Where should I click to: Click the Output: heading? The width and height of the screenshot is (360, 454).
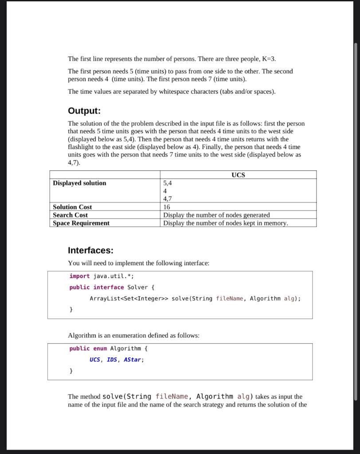point(84,110)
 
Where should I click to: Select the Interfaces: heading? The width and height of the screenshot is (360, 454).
point(90,250)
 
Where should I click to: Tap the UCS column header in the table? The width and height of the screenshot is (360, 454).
point(238,175)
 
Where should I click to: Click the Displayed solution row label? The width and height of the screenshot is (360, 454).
point(79,183)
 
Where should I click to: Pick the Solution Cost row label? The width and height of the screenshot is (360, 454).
point(72,207)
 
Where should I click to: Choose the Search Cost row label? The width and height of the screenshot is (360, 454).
point(70,215)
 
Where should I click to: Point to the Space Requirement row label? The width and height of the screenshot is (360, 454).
point(81,223)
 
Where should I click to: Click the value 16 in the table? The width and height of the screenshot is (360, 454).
point(167,207)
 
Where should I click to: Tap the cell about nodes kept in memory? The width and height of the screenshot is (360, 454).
point(225,223)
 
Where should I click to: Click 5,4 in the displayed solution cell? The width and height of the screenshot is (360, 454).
point(168,183)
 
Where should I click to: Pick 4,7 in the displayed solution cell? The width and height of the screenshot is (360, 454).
point(168,199)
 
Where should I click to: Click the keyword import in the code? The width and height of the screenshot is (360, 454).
point(79,276)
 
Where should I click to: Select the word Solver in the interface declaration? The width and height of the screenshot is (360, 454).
point(137,287)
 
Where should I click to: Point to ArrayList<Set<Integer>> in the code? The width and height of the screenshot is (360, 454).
point(129,298)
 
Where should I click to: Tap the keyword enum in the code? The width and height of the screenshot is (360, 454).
point(100,348)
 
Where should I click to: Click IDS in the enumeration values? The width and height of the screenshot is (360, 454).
point(112,360)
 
